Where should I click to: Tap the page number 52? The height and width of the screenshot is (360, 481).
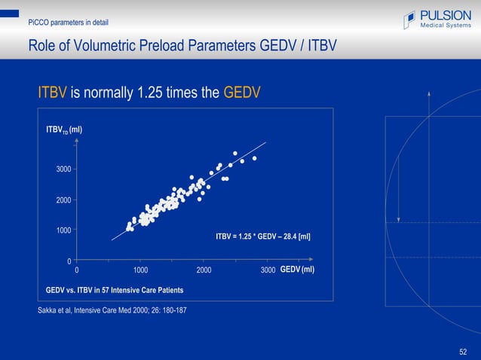click(463, 351)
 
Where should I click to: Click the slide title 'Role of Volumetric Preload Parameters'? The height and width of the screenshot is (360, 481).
click(182, 47)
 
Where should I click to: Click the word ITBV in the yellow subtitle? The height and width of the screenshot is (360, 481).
click(53, 93)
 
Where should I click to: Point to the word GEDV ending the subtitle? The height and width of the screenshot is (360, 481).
click(242, 93)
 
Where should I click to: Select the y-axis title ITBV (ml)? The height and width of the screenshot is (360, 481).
click(64, 130)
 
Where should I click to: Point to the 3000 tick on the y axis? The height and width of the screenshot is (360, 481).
click(63, 169)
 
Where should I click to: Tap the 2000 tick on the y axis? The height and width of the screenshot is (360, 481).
click(63, 200)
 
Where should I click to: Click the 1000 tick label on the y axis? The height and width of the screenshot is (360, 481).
click(63, 230)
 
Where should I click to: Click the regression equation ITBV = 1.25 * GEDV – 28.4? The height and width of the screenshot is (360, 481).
click(262, 236)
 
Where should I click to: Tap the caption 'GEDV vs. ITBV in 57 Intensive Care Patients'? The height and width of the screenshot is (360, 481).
click(115, 290)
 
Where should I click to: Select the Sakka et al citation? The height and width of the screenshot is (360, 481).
click(112, 310)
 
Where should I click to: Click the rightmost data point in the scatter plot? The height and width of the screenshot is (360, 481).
click(255, 158)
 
